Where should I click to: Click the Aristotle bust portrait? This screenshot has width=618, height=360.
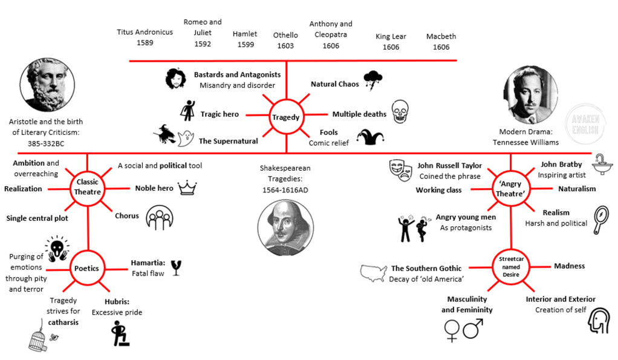[x=47, y=85]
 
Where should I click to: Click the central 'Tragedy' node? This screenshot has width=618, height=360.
[x=285, y=117]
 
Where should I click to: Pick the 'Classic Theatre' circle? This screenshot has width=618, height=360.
[x=87, y=187]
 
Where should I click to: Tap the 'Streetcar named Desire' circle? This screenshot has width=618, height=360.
[x=511, y=266]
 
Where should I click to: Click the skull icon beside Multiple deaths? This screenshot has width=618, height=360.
[x=400, y=112]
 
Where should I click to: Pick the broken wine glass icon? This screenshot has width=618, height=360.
[x=176, y=267]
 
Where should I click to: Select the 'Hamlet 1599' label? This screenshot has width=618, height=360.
[x=245, y=39]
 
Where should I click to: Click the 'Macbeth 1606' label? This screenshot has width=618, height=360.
[x=441, y=42]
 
